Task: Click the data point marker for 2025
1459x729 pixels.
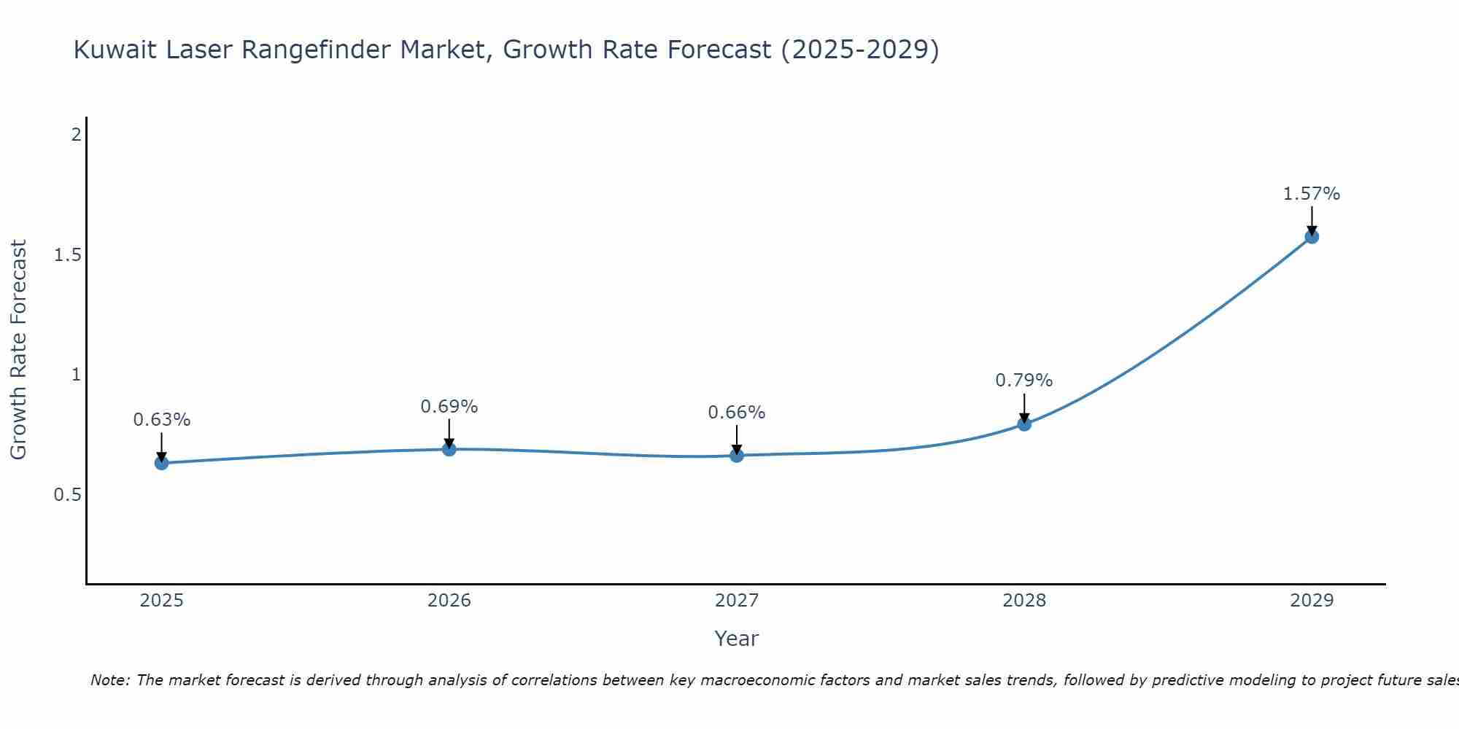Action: pyautogui.click(x=161, y=463)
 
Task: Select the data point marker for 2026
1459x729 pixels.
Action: pyautogui.click(x=449, y=449)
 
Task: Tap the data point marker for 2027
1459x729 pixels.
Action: pyautogui.click(x=737, y=456)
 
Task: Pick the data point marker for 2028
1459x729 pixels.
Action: pyautogui.click(x=1024, y=424)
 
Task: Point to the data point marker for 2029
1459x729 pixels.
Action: pyautogui.click(x=1312, y=236)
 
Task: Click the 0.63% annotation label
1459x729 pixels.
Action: pyautogui.click(x=161, y=420)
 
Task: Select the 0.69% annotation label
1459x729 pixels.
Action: pyautogui.click(x=449, y=407)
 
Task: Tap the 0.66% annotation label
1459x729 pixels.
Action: pyautogui.click(x=737, y=413)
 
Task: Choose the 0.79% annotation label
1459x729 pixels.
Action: pyautogui.click(x=1024, y=381)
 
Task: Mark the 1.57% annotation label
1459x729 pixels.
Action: pyautogui.click(x=1312, y=194)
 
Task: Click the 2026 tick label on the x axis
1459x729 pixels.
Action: pyautogui.click(x=449, y=601)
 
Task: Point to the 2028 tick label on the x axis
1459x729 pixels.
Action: pyautogui.click(x=1024, y=601)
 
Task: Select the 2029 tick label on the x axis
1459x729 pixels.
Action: pyautogui.click(x=1312, y=601)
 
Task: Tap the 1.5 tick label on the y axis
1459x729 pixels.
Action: pyautogui.click(x=67, y=255)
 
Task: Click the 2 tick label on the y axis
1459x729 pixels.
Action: pyautogui.click(x=76, y=135)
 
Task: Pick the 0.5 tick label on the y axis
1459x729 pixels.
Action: pyautogui.click(x=67, y=495)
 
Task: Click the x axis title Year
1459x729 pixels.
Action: pyautogui.click(x=737, y=639)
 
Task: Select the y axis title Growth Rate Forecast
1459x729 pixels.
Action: pyautogui.click(x=19, y=350)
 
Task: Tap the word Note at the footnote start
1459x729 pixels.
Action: pyautogui.click(x=110, y=680)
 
